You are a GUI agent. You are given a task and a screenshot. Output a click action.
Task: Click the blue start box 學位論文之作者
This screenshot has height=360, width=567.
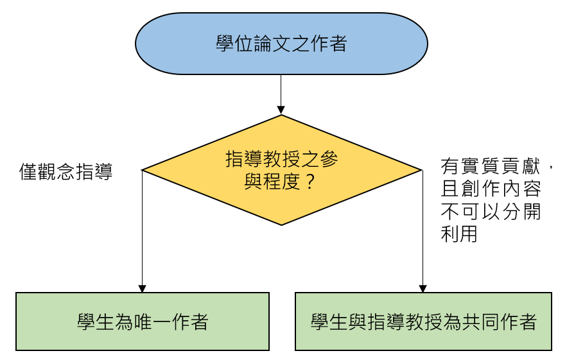[x=281, y=44]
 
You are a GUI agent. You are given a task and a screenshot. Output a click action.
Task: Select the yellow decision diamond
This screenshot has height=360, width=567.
[x=281, y=171]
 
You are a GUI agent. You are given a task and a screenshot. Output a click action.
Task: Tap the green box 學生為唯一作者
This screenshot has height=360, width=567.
[x=142, y=321]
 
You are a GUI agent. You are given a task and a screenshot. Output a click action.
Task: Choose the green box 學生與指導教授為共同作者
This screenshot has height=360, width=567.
[x=423, y=321]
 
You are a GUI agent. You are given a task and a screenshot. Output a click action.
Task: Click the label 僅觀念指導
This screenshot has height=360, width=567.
[x=66, y=172]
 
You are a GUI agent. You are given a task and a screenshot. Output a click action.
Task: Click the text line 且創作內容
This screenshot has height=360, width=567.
[x=491, y=190]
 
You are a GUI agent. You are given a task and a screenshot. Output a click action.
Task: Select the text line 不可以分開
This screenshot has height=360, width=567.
[x=491, y=212]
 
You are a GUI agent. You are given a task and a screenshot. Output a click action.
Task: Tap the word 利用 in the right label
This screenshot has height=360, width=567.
[x=459, y=234]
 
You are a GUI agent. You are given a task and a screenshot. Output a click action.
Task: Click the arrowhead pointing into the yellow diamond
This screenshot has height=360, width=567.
[x=281, y=111]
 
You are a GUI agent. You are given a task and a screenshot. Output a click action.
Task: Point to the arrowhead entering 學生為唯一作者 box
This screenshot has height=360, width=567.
[x=142, y=288]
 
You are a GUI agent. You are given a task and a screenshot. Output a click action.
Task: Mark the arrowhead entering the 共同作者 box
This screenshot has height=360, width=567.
[x=423, y=288]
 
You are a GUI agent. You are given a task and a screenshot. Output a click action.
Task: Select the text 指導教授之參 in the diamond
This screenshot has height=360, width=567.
[x=281, y=160]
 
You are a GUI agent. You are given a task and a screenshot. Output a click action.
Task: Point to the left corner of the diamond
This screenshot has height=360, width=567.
[x=143, y=171]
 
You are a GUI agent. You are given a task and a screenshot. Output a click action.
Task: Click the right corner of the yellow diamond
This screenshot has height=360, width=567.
[x=421, y=171]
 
